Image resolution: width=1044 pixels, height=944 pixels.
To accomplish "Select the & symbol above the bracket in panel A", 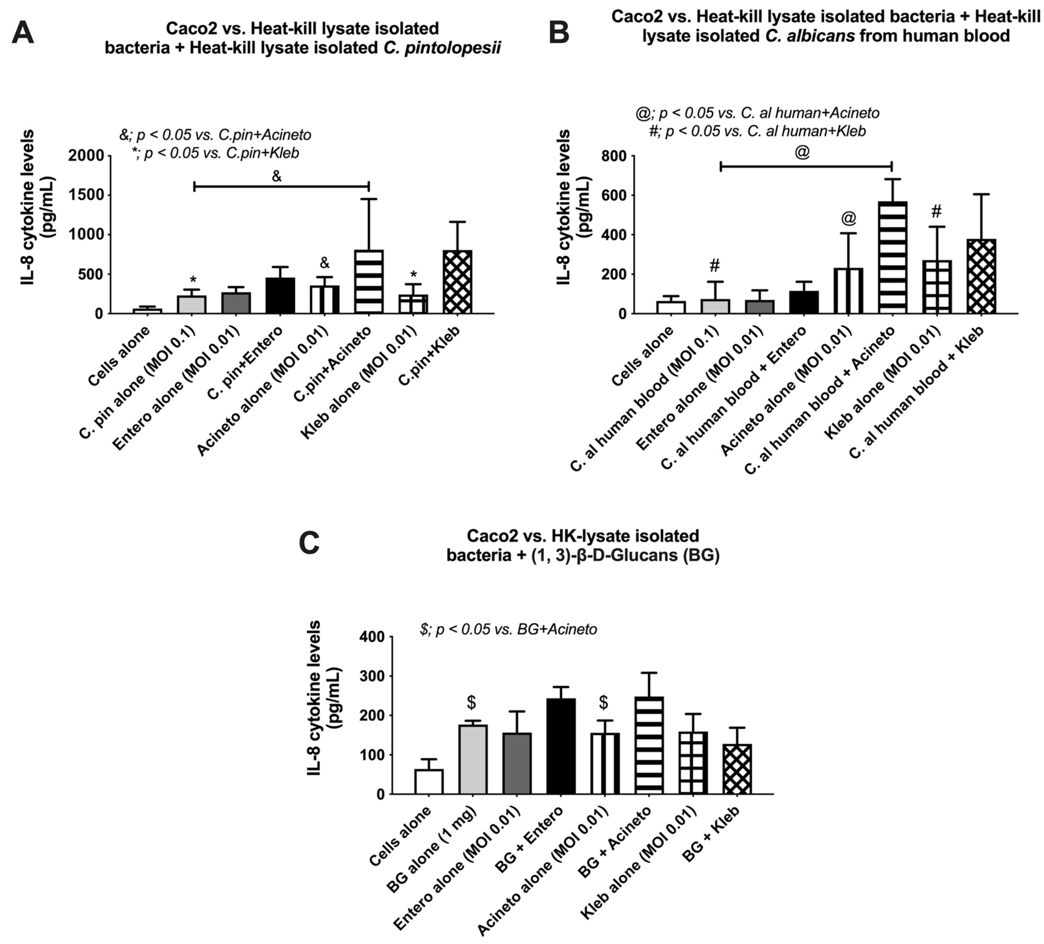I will [x=277, y=177].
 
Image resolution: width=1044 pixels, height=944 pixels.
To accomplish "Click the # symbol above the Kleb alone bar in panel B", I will [x=936, y=211].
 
